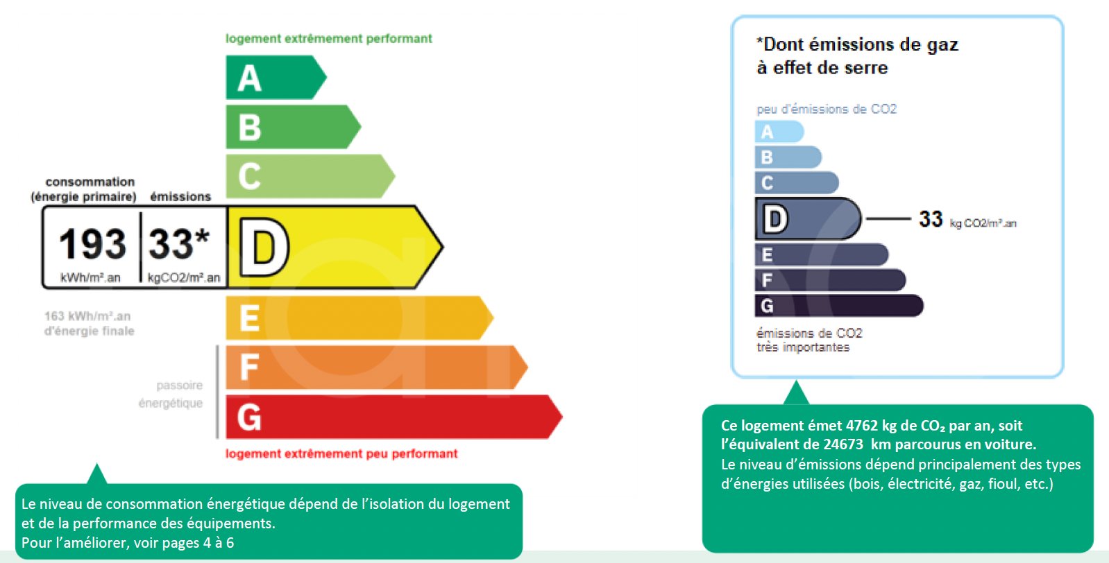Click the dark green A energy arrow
(x=276, y=77)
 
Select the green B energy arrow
(x=293, y=127)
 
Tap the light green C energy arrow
(x=310, y=176)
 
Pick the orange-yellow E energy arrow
(x=359, y=318)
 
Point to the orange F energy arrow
(x=377, y=367)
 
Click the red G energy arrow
(x=394, y=417)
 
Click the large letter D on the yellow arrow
(x=264, y=248)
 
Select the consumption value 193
(x=92, y=244)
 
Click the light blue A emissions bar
(x=779, y=132)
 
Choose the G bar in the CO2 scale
(x=839, y=306)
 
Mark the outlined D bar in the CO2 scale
(x=808, y=218)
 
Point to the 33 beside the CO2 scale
(x=931, y=218)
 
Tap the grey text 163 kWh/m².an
(x=87, y=316)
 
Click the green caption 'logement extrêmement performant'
(x=329, y=39)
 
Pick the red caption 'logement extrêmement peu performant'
(x=341, y=453)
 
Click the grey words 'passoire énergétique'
(x=171, y=395)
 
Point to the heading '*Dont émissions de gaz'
(x=858, y=44)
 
